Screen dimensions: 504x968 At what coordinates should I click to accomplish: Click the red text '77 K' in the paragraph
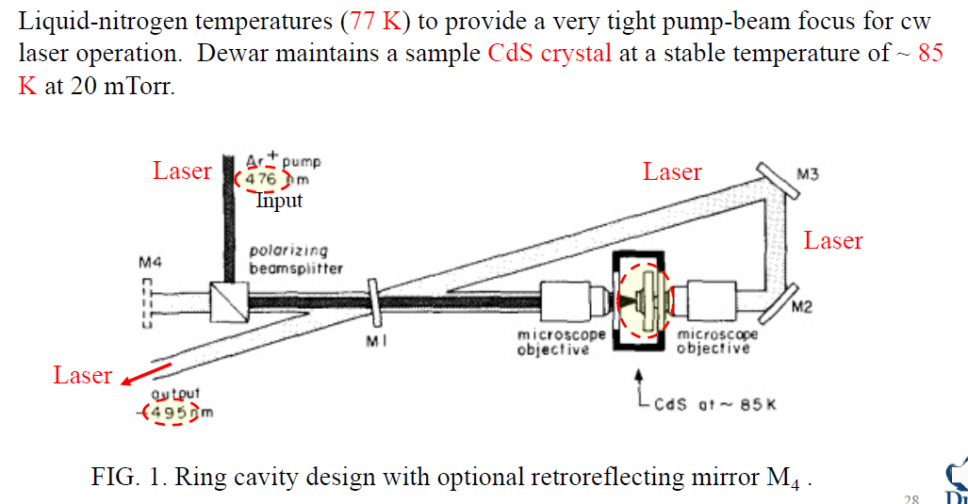376,24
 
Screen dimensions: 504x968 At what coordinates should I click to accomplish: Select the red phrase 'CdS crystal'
550,53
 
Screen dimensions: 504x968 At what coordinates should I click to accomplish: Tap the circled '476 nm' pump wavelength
264,179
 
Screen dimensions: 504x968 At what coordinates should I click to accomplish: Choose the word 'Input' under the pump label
280,201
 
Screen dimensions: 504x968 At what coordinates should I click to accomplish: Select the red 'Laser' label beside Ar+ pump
182,171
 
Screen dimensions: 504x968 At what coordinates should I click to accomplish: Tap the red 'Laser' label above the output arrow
82,375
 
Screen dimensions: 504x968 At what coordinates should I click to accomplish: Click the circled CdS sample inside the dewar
645,301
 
